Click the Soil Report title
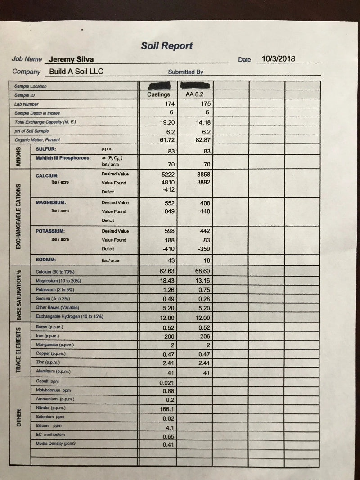click(x=166, y=45)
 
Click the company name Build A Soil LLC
click(x=76, y=71)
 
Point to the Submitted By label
click(x=186, y=72)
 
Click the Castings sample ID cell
click(x=158, y=94)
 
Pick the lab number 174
click(x=170, y=103)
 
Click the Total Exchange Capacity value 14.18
click(x=202, y=122)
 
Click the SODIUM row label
click(x=46, y=260)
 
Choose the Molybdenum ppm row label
click(x=53, y=390)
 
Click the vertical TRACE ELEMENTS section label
click(x=18, y=350)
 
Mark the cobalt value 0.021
click(x=167, y=382)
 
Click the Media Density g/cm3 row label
click(x=55, y=444)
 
